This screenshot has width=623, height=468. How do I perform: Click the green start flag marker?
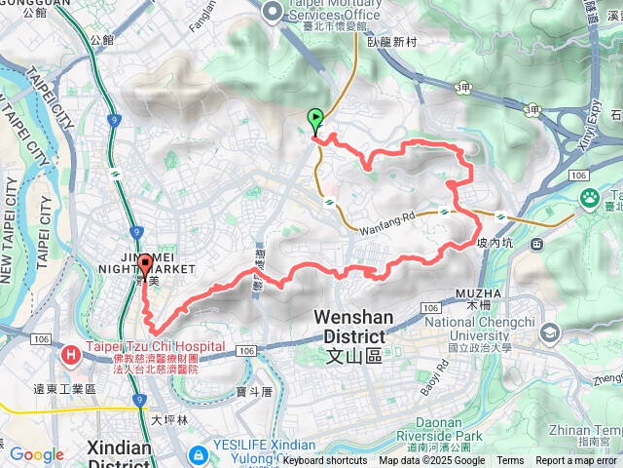point(315,119)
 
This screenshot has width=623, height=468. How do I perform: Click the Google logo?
point(36,454)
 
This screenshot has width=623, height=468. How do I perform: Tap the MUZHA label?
point(477,292)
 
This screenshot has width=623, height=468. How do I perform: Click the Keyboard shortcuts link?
point(325,461)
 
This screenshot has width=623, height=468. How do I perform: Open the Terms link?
point(510,461)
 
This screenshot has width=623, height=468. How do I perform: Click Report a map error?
point(578,461)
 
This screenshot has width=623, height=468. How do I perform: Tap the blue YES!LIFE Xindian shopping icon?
point(198,454)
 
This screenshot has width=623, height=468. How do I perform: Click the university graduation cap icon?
point(551,333)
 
